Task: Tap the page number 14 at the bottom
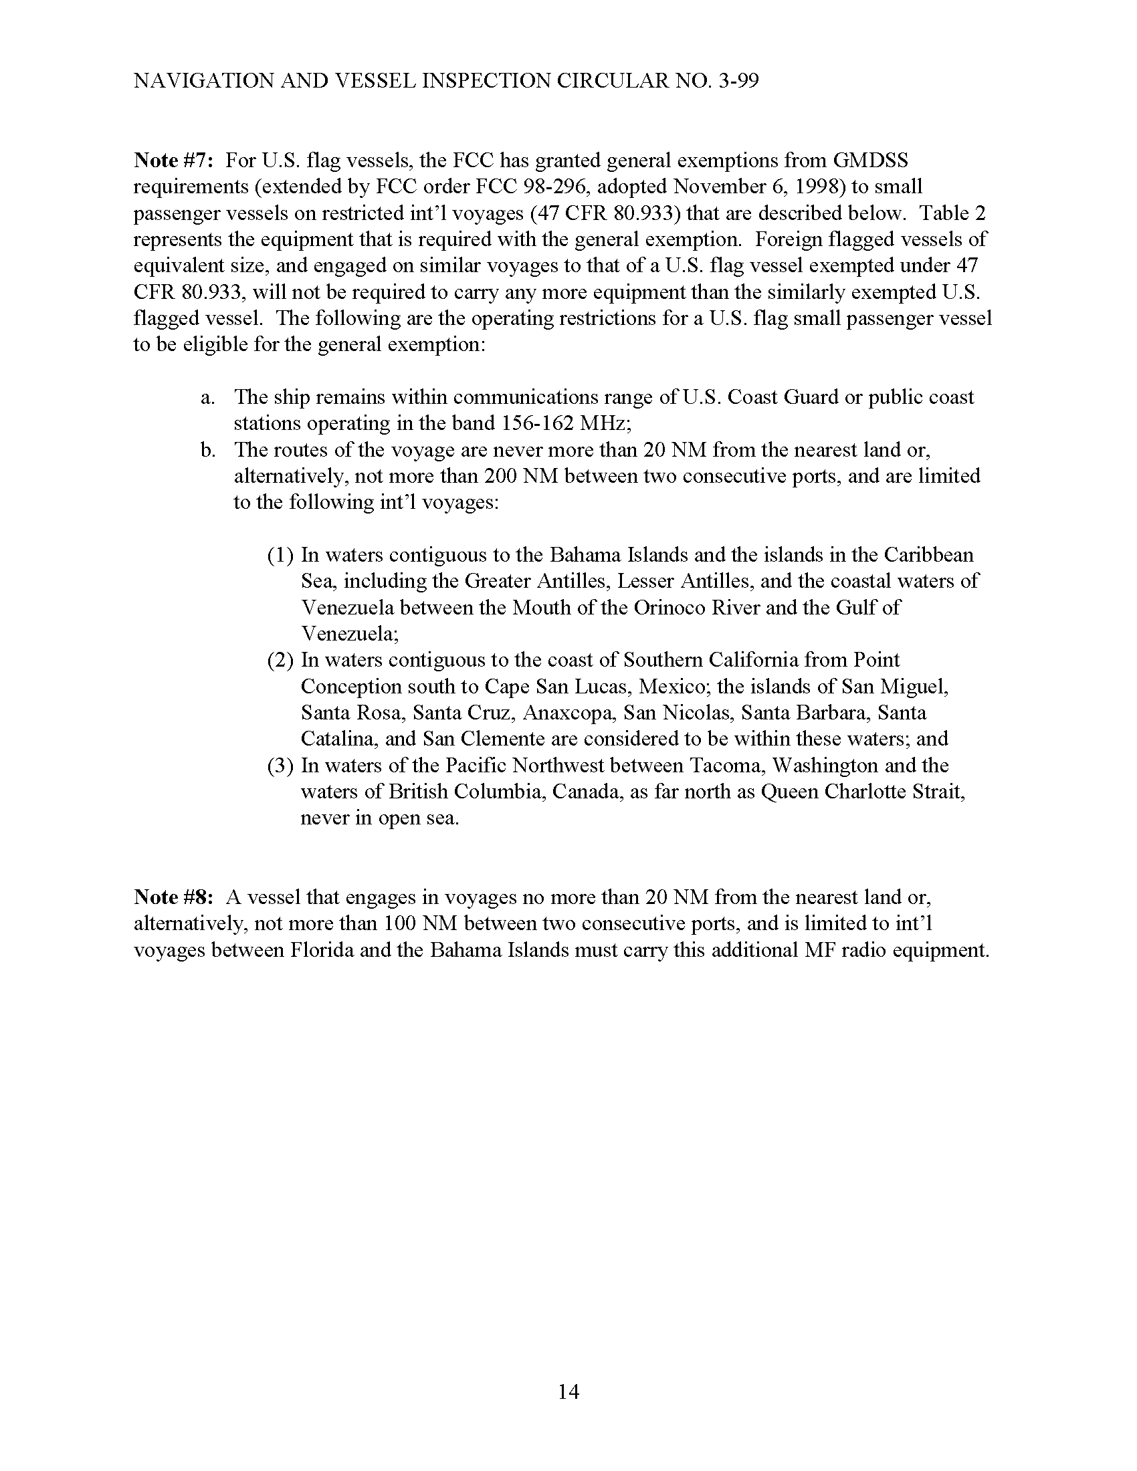tap(568, 1391)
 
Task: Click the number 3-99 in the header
tap(737, 81)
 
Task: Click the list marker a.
tap(207, 397)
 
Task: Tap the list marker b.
tap(207, 450)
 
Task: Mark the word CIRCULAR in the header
tap(614, 81)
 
